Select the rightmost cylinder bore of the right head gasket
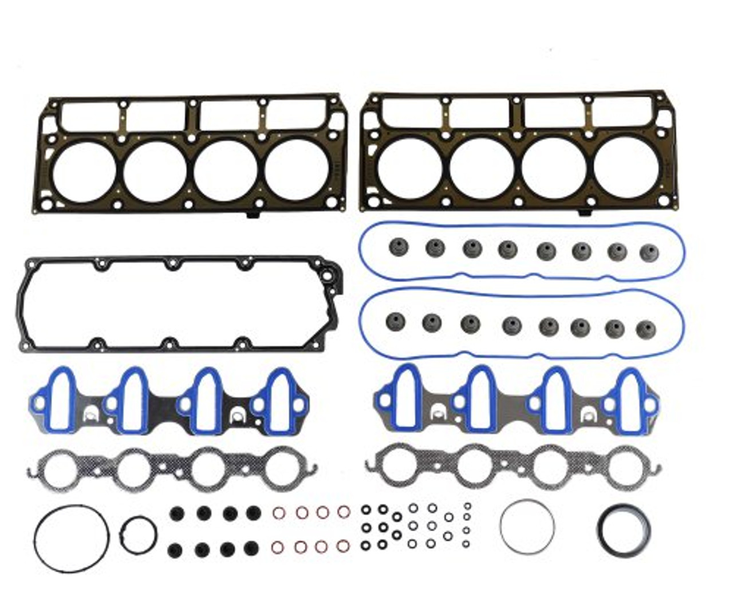click(625, 166)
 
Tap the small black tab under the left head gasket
click(253, 216)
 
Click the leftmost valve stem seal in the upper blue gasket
click(396, 247)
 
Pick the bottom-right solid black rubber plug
click(250, 549)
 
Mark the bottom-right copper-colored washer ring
click(342, 546)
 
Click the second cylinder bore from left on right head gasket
click(481, 167)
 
